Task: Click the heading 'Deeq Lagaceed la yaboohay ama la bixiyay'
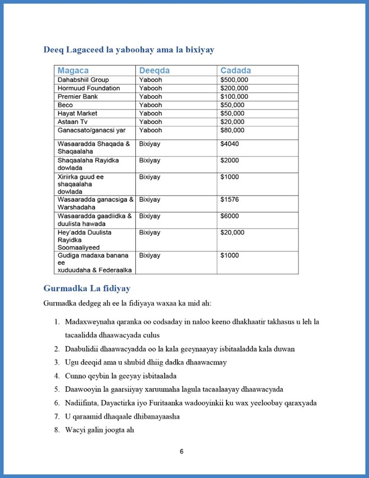129,50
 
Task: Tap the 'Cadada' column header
235,71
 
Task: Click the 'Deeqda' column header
154,71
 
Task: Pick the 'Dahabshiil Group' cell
83,80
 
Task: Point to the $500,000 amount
234,80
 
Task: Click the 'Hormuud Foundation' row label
88,88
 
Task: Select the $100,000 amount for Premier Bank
234,97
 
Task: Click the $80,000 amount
232,130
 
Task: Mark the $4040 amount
229,144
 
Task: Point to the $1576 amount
229,200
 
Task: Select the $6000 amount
229,216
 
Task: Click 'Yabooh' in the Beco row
150,105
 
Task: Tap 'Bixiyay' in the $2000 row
149,160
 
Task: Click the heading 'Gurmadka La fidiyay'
87,288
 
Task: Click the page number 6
182,452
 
